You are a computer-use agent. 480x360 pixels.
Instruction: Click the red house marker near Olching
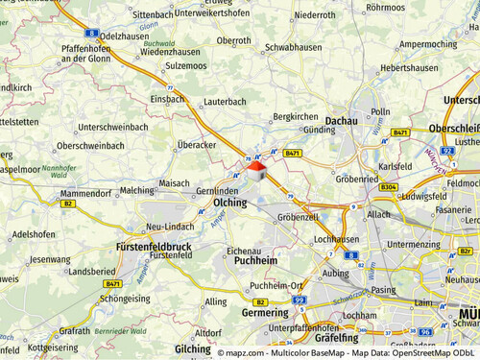256,169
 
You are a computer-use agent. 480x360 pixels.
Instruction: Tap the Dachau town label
341,120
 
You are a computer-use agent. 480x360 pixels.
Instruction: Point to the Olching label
229,204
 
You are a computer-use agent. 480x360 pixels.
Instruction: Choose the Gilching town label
193,349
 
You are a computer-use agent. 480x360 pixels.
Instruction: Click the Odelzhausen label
122,36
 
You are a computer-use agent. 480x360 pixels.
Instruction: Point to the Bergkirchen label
295,116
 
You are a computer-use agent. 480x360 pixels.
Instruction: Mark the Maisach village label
174,182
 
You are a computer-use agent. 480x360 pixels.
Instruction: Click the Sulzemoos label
185,67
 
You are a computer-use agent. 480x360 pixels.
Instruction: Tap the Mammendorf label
86,193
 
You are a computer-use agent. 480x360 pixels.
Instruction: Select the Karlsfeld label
395,165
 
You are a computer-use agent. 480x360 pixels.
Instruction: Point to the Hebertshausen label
409,68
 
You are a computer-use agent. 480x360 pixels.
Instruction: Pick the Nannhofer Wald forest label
61,172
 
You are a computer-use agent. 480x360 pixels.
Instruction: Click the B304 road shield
388,187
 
